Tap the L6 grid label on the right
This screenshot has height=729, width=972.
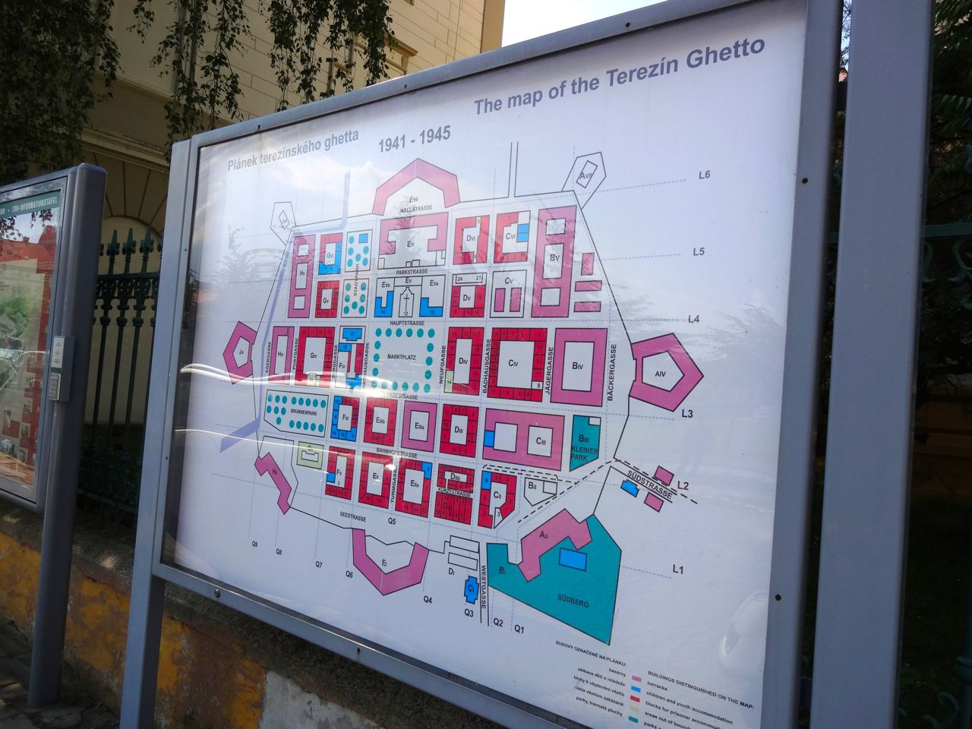click(x=704, y=175)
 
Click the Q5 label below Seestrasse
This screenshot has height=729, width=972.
click(x=393, y=522)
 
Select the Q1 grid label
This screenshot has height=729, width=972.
click(x=519, y=629)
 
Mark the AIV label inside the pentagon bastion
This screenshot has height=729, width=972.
click(x=659, y=374)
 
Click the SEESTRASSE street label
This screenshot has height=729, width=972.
click(x=353, y=518)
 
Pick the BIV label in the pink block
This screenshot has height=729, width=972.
click(x=579, y=366)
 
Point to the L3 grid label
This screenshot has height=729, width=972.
click(x=688, y=414)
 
